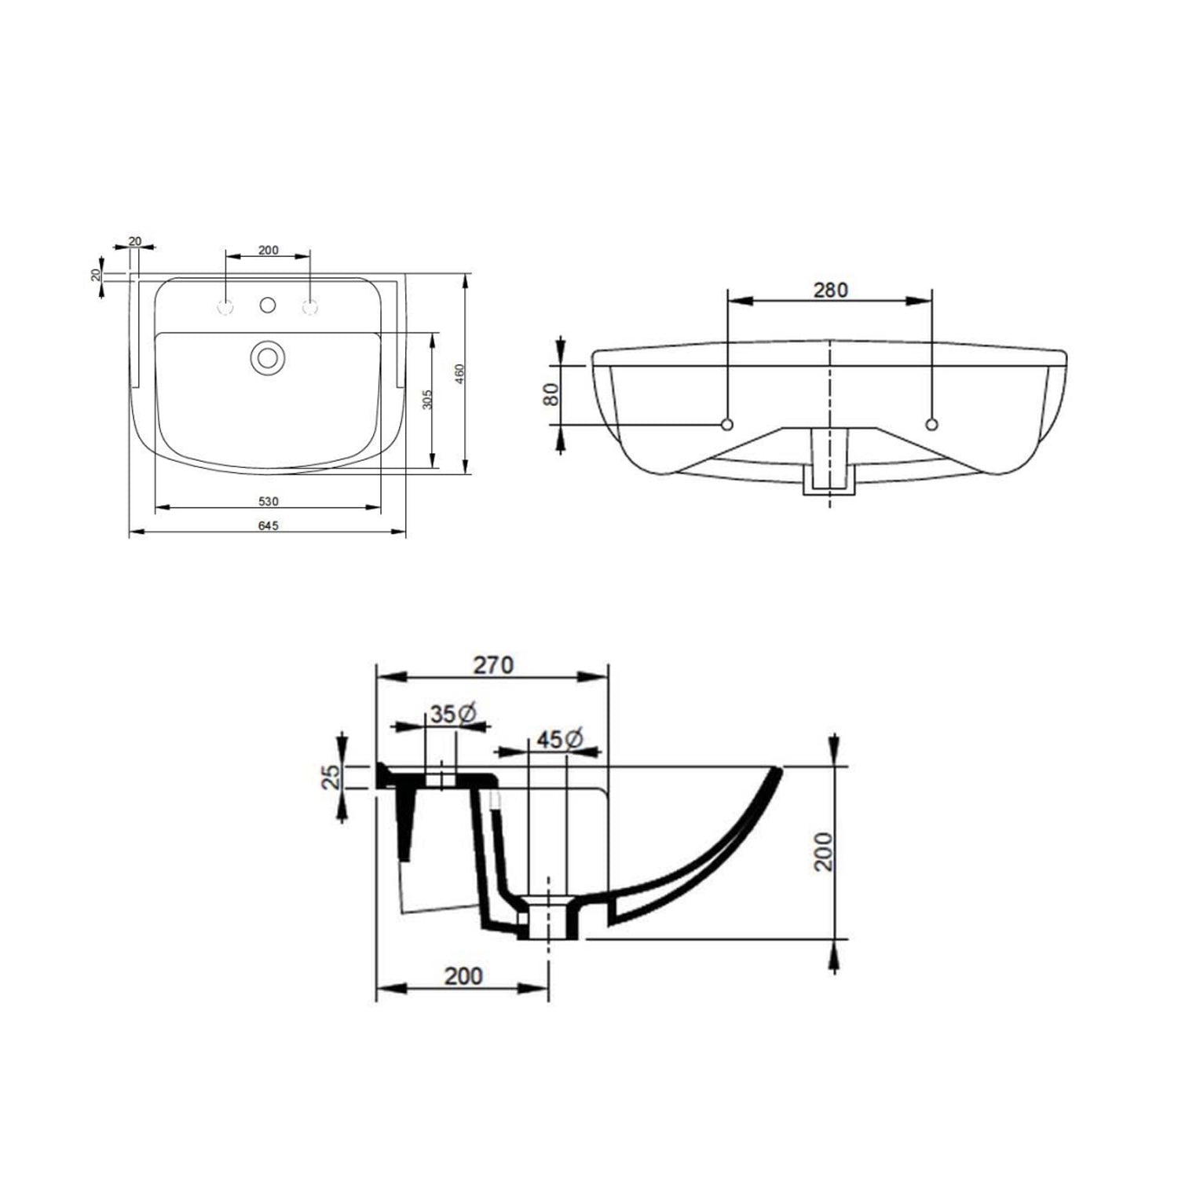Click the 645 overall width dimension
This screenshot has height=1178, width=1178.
click(x=268, y=525)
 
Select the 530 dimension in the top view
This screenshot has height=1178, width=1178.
click(x=268, y=501)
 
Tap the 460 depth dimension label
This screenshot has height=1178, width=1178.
click(x=460, y=374)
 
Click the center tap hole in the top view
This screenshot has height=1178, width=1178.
click(x=268, y=304)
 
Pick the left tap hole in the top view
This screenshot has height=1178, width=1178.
click(x=225, y=308)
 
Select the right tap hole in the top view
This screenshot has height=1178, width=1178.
click(x=310, y=308)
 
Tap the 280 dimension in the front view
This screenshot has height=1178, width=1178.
click(x=830, y=290)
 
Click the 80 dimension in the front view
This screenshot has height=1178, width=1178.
click(x=551, y=393)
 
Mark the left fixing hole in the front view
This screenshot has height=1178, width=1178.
click(x=727, y=425)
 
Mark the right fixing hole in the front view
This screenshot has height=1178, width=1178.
click(x=932, y=425)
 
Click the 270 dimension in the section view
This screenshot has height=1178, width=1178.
click(x=492, y=665)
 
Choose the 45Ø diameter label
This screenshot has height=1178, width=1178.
click(x=559, y=739)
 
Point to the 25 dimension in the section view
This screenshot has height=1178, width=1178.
click(x=333, y=776)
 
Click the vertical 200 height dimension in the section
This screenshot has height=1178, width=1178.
click(x=823, y=851)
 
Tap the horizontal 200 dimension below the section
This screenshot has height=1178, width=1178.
click(x=463, y=976)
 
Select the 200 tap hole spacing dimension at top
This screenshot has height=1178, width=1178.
click(x=268, y=251)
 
